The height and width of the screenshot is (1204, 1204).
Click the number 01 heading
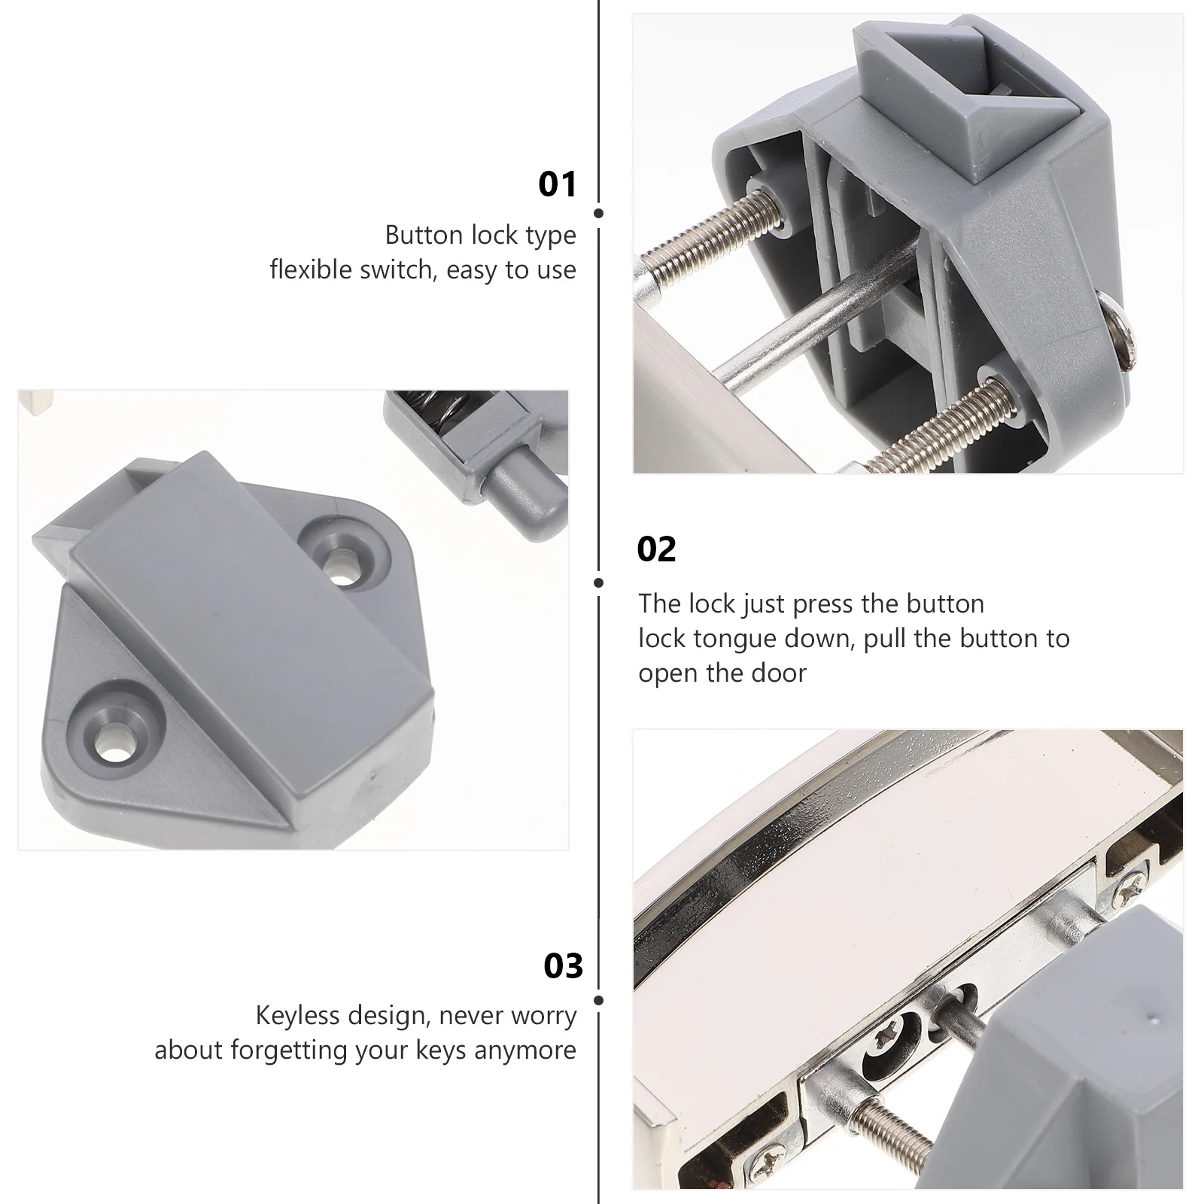pos(557,184)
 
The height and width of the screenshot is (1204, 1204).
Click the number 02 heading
pos(656,549)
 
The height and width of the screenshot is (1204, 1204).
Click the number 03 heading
pos(563,966)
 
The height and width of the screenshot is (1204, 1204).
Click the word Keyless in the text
pos(299,1016)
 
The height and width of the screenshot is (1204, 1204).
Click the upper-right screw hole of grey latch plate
pos(343,558)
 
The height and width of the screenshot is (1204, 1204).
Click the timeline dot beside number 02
pos(599,582)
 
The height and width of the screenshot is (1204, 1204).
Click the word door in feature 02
pos(780,673)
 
